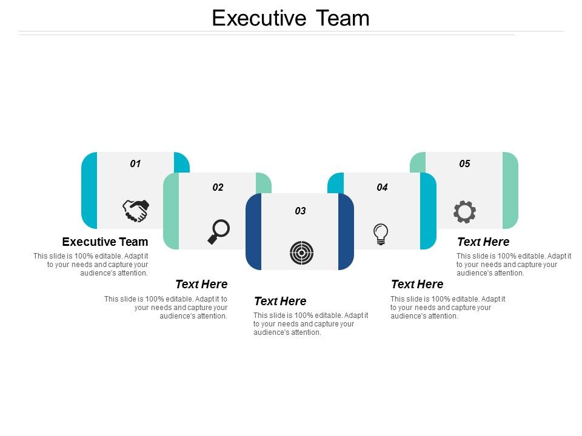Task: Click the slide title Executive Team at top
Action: [x=290, y=18]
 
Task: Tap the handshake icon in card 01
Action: [x=136, y=211]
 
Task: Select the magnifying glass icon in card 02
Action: [x=219, y=231]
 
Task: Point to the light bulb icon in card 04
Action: [x=381, y=233]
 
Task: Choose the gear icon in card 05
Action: [x=464, y=212]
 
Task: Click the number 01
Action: [x=135, y=163]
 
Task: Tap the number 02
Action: [x=218, y=187]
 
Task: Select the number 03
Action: [x=300, y=211]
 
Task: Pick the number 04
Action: [x=382, y=187]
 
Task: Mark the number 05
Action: [x=464, y=163]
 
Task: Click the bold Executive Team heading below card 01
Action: [x=105, y=242]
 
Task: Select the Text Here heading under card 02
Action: [x=201, y=284]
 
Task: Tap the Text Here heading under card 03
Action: [x=280, y=301]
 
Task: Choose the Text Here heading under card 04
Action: [x=417, y=284]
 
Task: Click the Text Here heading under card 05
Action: [x=483, y=242]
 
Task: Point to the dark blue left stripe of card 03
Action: [x=253, y=231]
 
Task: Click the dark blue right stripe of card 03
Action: [x=346, y=231]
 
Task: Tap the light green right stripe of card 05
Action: [x=510, y=190]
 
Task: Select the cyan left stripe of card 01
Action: [x=89, y=190]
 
